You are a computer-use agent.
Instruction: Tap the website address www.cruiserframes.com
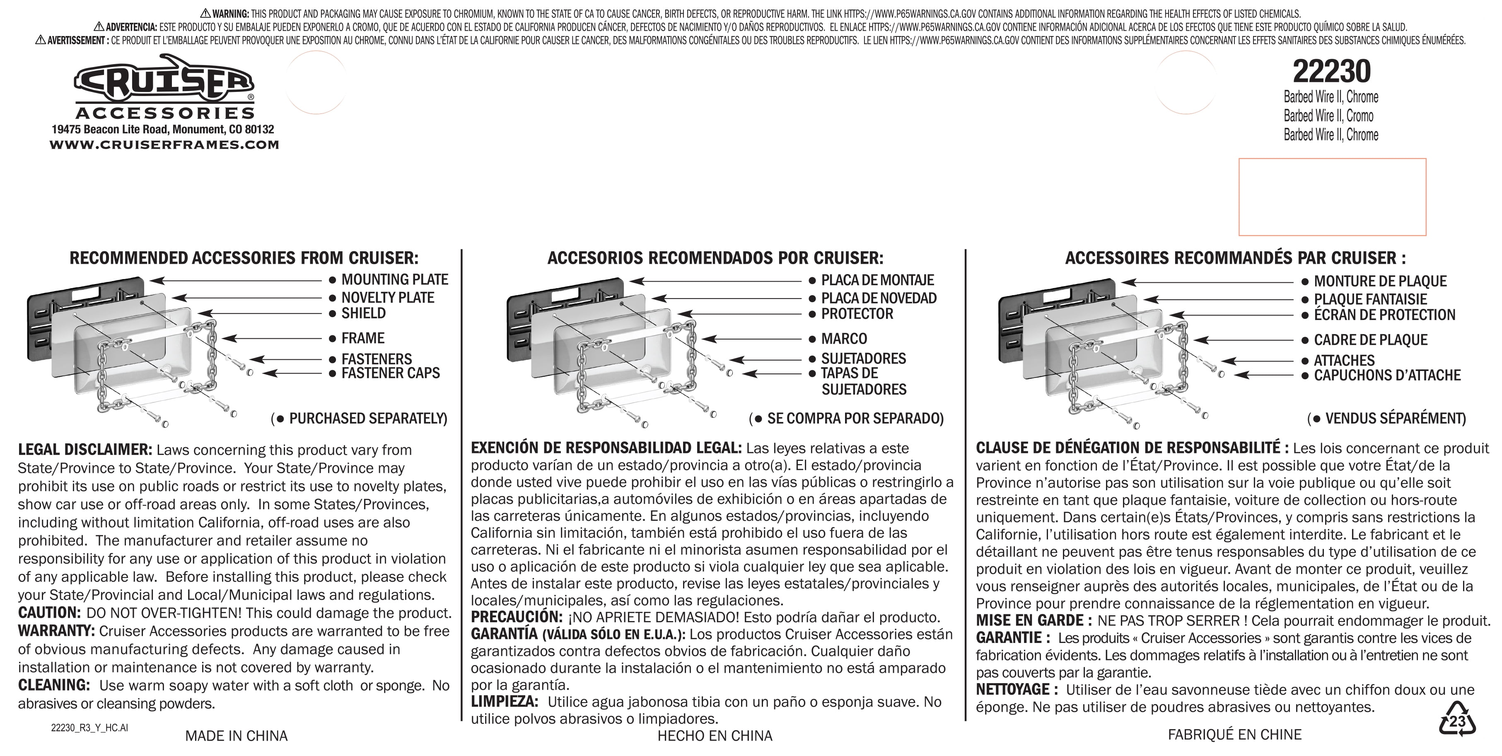tap(164, 144)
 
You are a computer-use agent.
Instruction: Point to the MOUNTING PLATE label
tap(394, 280)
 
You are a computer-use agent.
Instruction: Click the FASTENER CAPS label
tap(390, 373)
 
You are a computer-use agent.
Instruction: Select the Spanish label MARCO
tap(844, 339)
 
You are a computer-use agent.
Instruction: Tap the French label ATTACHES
tap(1344, 360)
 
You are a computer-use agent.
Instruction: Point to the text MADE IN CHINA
tap(236, 736)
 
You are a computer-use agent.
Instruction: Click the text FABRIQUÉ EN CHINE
tap(1234, 734)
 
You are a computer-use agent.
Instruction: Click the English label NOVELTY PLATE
tap(387, 298)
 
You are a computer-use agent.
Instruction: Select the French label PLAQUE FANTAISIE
tap(1370, 300)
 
